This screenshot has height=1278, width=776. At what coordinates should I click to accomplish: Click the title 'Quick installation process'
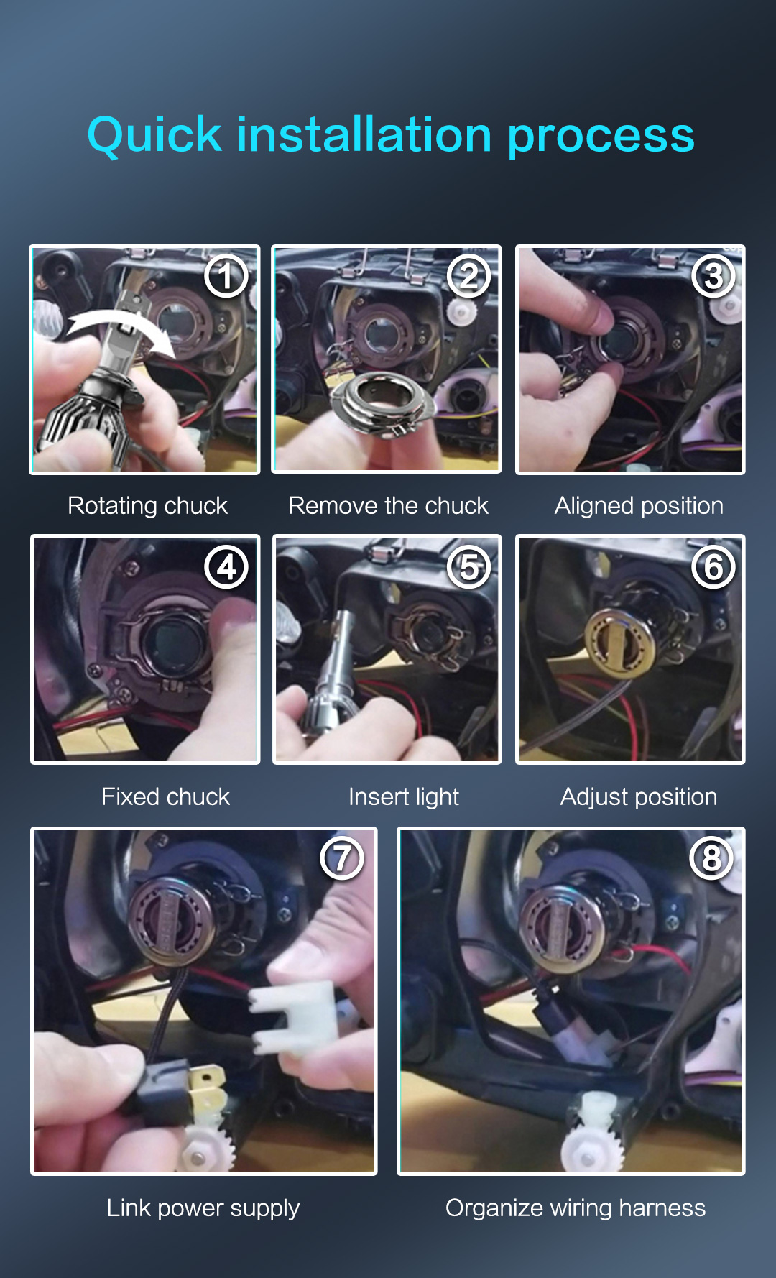tap(391, 135)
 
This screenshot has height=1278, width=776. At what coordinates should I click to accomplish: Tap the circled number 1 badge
tap(226, 277)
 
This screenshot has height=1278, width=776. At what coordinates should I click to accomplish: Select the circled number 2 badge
tap(468, 277)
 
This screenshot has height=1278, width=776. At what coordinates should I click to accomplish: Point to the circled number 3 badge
tap(713, 277)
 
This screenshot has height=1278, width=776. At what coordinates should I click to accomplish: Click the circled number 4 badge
tap(226, 567)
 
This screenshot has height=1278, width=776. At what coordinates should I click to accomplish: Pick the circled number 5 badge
tap(468, 567)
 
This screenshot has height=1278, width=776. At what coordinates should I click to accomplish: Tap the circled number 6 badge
tap(713, 567)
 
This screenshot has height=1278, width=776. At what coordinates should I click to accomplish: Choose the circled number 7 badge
tap(342, 858)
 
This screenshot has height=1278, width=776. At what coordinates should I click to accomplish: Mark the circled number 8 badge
tap(711, 858)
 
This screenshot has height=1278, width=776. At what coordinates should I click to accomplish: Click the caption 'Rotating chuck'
tap(147, 506)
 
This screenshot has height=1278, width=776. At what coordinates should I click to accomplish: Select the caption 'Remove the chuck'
tap(388, 506)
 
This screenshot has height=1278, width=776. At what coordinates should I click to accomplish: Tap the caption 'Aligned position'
tap(639, 506)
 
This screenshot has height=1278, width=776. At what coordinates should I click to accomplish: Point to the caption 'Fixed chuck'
tap(165, 796)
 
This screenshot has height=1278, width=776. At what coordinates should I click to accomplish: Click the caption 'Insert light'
tap(404, 796)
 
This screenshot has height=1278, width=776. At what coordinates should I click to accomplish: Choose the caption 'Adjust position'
tap(639, 796)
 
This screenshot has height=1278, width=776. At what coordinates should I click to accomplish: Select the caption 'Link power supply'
tap(203, 1208)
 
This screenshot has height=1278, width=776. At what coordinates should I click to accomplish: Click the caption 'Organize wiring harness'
tap(576, 1208)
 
